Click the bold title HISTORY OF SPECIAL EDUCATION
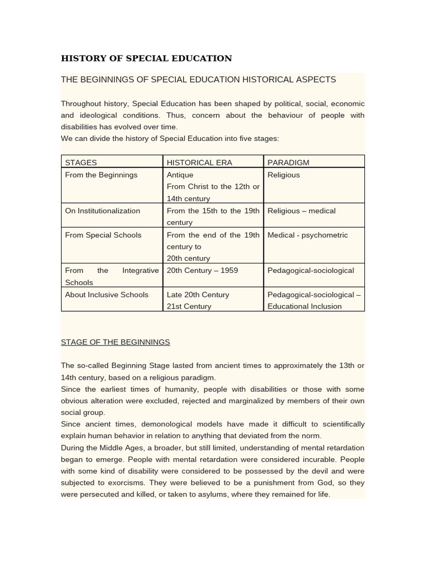(146, 58)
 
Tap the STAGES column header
(81, 163)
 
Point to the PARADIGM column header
(288, 163)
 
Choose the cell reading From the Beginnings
(101, 175)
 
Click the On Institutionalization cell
(103, 211)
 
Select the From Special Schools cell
(103, 235)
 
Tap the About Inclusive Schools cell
(106, 295)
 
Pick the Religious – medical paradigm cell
(301, 211)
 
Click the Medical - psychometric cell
(307, 235)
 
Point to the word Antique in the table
(180, 175)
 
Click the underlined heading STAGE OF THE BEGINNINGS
(115, 342)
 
